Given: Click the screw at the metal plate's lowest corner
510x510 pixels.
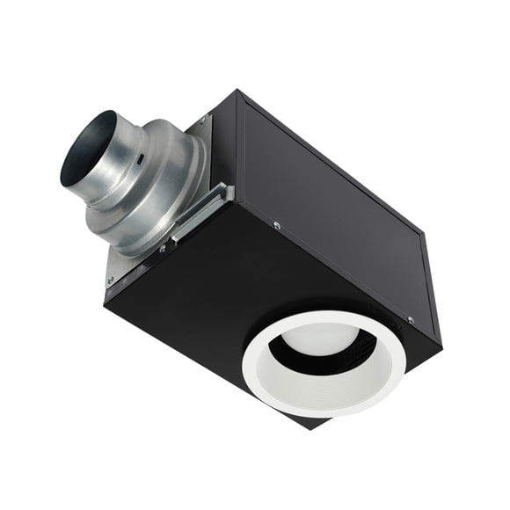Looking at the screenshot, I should pyautogui.click(x=110, y=281).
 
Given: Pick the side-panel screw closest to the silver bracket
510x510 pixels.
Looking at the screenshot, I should pyautogui.click(x=277, y=226).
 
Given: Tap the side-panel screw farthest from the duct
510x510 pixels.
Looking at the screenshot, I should pyautogui.click(x=411, y=319).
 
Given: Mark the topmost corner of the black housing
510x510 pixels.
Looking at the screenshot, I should pyautogui.click(x=240, y=91).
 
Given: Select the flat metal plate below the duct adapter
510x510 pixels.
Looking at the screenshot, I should pyautogui.click(x=132, y=255).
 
